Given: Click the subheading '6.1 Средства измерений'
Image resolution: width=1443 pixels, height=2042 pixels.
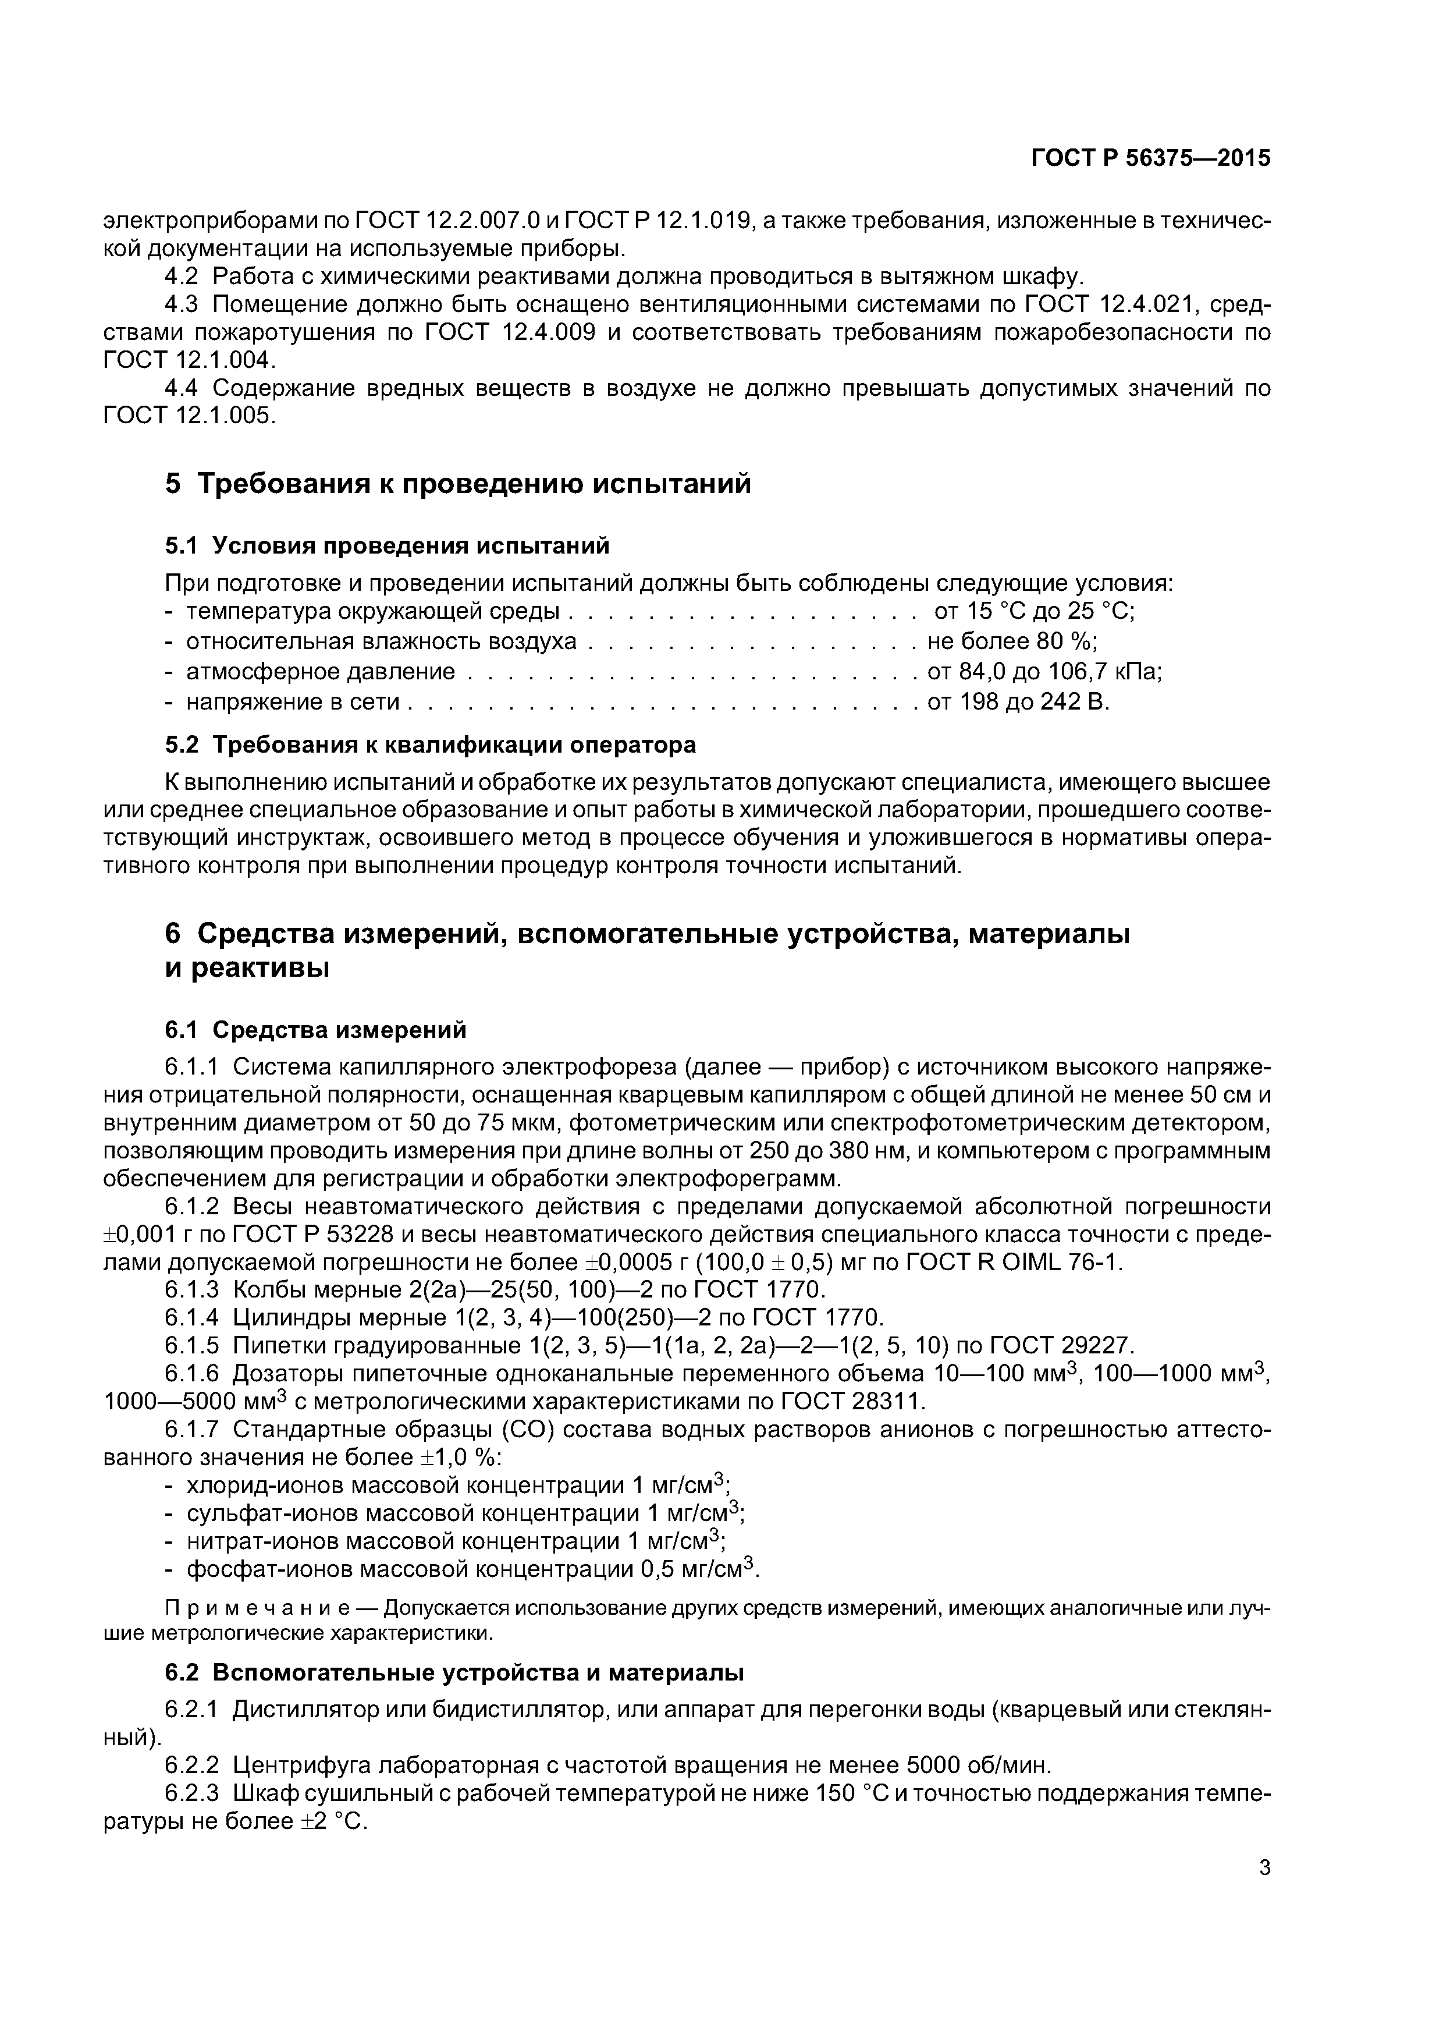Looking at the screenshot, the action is [x=315, y=1030].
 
